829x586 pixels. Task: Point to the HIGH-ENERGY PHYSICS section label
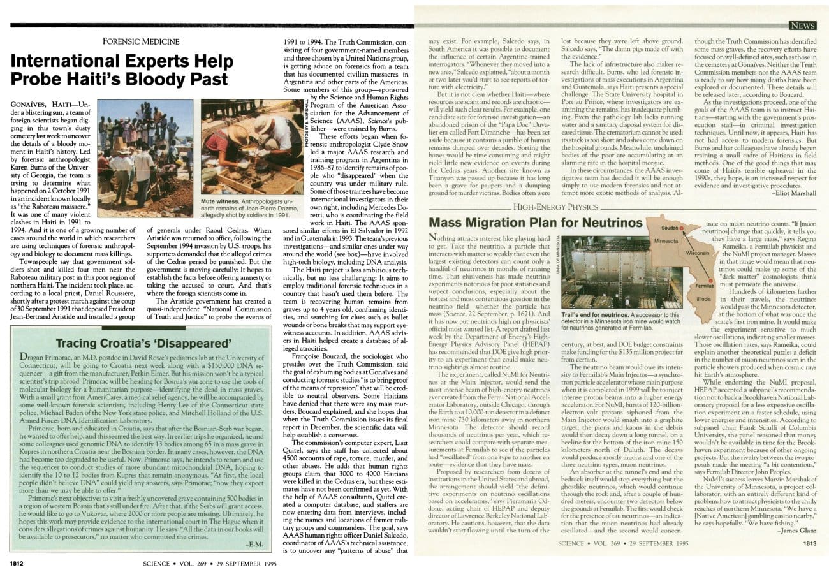pos(558,207)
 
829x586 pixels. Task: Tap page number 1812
pos(16,563)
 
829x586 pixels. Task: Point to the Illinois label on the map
pos(703,298)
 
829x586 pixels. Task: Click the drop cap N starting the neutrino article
pos(434,238)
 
